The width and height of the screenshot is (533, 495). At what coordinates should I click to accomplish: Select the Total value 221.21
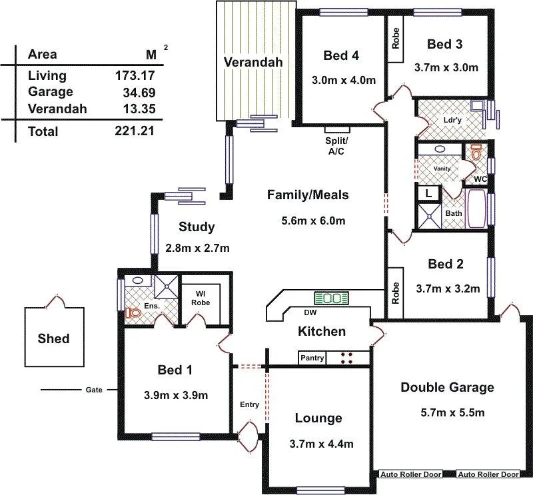tap(135, 131)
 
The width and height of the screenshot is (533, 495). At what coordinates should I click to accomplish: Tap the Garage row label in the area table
tap(51, 92)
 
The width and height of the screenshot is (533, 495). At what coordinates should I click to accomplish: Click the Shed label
tap(53, 338)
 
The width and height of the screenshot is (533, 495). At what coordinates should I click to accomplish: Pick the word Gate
tap(93, 390)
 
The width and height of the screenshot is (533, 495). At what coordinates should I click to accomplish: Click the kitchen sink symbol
tap(332, 298)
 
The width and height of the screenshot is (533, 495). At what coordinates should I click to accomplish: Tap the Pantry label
tap(312, 358)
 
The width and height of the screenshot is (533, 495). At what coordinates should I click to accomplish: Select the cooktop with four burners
tap(347, 358)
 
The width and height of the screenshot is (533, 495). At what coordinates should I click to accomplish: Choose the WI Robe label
tap(200, 297)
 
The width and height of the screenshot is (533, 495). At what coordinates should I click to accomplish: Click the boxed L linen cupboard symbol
tap(427, 193)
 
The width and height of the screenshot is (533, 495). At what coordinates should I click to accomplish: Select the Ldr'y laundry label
tap(452, 121)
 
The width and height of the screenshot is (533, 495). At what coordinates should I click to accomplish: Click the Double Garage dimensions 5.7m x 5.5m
tap(447, 412)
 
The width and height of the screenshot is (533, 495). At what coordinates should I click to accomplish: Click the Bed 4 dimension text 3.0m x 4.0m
tap(344, 80)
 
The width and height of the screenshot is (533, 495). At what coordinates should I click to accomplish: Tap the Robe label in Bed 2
tap(396, 293)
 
